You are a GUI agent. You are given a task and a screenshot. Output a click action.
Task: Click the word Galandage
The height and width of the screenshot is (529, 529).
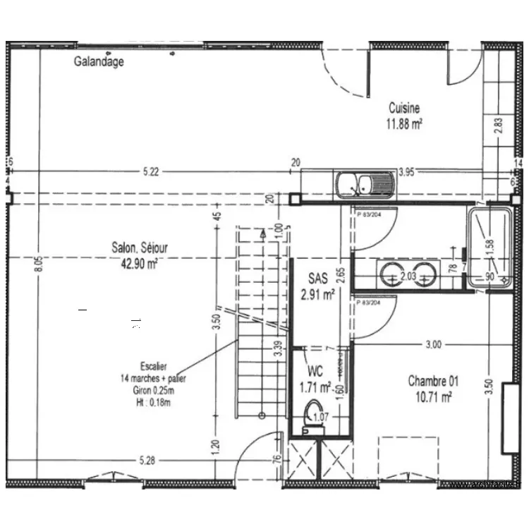99,61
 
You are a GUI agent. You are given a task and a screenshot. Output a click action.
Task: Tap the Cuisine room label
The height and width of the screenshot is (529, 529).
404,109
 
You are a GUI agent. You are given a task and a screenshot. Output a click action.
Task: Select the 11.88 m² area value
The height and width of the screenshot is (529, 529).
404,124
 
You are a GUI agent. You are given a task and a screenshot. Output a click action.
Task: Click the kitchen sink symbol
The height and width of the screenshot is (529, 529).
365,186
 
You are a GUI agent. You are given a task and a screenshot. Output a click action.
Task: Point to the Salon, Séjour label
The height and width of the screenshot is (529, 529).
140,248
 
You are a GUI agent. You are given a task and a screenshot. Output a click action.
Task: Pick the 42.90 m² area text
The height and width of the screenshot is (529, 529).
140,263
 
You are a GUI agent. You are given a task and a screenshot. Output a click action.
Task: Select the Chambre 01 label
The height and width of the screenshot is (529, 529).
433,381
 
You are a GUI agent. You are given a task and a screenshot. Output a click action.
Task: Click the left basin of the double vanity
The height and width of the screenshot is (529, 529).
389,274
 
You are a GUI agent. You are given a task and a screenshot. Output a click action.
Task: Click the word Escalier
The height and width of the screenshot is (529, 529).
153,366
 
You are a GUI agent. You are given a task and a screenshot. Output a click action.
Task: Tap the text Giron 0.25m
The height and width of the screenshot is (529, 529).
153,390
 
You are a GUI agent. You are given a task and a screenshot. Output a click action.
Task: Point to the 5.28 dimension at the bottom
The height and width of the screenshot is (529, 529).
146,461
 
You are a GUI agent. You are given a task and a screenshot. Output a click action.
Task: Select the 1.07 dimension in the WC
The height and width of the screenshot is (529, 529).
320,417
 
